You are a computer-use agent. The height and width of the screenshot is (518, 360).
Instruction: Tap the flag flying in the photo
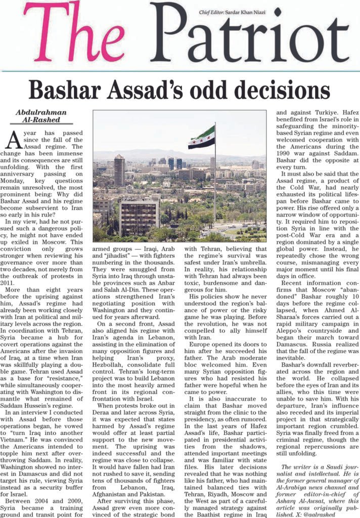point(201,137)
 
